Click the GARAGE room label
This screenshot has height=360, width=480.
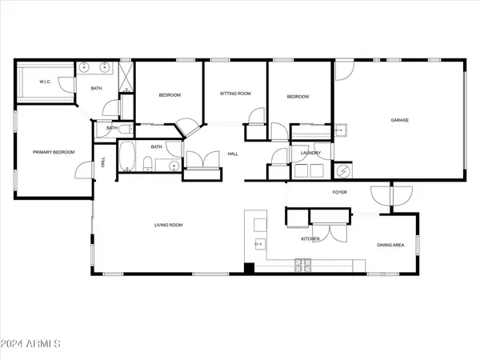(399, 120)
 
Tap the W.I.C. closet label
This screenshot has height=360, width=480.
(45, 82)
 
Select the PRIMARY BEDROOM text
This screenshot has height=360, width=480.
(54, 152)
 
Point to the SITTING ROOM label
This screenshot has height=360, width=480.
(235, 94)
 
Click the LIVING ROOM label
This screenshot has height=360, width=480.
(168, 225)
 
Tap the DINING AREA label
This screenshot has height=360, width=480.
(390, 245)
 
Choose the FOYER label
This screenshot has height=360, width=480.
(340, 192)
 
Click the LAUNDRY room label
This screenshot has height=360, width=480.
(310, 153)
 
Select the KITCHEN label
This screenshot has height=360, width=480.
(310, 238)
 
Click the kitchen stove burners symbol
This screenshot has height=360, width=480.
(302, 266)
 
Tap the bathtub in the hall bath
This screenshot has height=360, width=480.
(126, 156)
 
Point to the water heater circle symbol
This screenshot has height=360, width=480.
(342, 171)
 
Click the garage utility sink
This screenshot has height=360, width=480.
(340, 130)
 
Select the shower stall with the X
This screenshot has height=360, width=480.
(126, 77)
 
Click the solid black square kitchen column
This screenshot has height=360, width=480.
(249, 268)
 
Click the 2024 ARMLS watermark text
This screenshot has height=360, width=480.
(30, 344)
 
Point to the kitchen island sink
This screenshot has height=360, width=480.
(260, 244)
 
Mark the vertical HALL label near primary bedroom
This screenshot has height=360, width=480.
(103, 162)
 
